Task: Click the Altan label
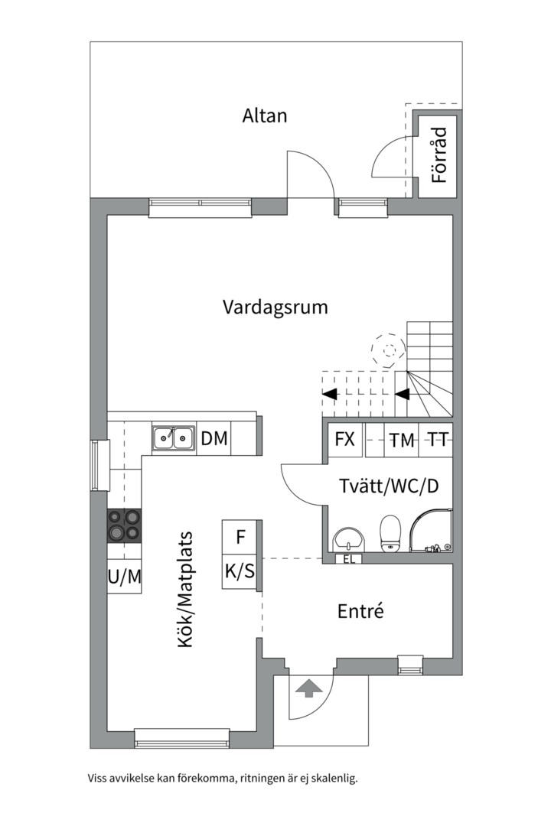click(265, 116)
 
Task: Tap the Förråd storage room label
click(439, 154)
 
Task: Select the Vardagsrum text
click(275, 307)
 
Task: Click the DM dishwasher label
click(214, 437)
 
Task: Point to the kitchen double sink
click(173, 437)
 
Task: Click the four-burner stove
click(125, 525)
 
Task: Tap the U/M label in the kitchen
click(125, 577)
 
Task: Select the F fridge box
click(241, 537)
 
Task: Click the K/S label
click(240, 571)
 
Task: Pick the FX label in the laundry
click(345, 439)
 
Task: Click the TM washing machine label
click(402, 441)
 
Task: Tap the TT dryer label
click(437, 439)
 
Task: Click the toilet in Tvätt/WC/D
click(390, 533)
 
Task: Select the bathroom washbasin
click(347, 539)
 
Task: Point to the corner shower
click(431, 531)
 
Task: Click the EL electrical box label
click(348, 559)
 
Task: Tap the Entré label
click(360, 611)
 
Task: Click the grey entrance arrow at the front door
click(309, 688)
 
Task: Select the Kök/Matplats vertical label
click(184, 590)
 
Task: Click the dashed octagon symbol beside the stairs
click(389, 350)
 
